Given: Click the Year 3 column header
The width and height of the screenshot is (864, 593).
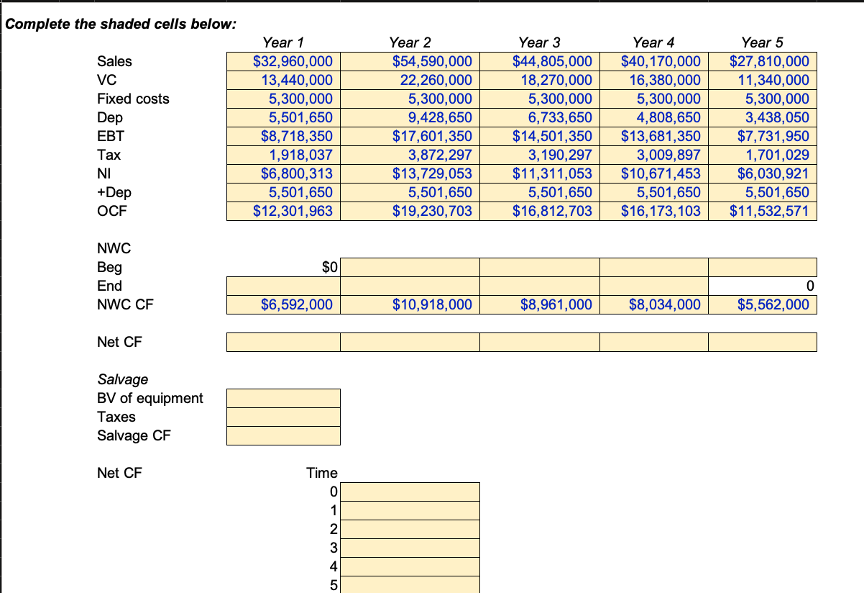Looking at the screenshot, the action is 539,43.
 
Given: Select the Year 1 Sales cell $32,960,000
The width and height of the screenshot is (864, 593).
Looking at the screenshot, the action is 293,62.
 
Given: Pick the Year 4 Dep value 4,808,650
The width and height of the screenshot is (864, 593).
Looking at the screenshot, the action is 661,118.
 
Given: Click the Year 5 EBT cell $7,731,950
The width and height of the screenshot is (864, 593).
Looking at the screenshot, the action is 769,137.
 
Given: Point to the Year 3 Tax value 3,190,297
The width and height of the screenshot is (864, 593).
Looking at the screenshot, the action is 553,155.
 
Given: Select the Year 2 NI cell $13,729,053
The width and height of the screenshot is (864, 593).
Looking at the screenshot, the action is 432,174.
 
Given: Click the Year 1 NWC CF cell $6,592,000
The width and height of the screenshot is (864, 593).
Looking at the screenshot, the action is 296,305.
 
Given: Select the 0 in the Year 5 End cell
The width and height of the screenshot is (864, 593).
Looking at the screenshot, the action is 809,286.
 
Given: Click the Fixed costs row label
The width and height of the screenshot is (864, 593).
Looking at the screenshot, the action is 133,99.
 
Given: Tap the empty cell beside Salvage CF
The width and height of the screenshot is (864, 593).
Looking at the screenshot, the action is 283,436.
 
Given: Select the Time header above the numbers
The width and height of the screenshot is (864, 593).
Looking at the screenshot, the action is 321,474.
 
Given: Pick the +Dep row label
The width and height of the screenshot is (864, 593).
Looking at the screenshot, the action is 114,193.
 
